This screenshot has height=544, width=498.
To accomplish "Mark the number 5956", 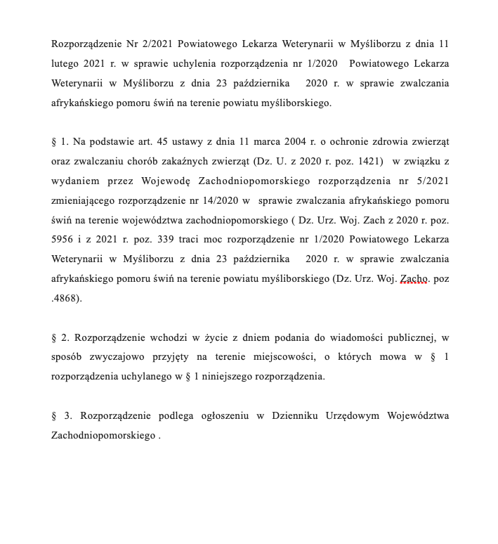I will coord(65,240).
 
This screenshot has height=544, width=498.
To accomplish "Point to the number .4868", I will coord(66,298).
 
